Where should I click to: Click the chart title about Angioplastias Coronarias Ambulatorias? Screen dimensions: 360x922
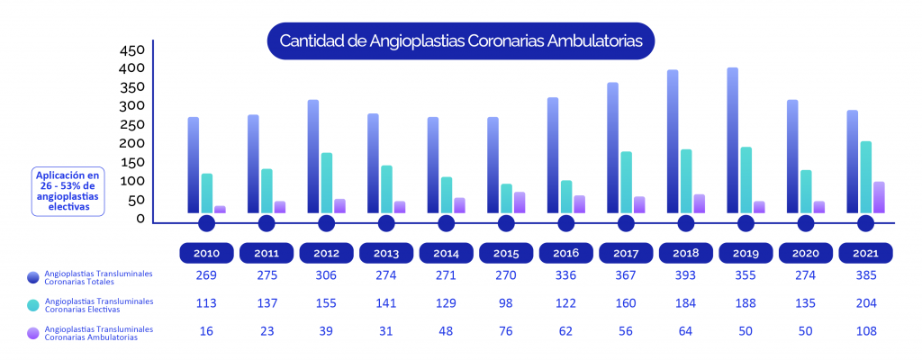click(x=460, y=41)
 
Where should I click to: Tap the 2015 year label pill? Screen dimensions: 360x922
click(x=506, y=253)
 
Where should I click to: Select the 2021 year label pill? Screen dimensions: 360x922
click(x=865, y=253)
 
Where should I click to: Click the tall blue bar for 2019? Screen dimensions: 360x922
click(x=732, y=139)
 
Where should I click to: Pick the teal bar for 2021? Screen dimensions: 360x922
click(x=865, y=176)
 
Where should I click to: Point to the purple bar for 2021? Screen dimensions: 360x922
click(x=879, y=196)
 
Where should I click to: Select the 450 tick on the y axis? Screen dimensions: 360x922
click(x=131, y=49)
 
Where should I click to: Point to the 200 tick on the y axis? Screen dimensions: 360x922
click(x=131, y=142)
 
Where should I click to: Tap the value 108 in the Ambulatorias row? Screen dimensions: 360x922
click(x=865, y=331)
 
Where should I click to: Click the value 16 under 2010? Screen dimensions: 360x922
click(x=206, y=331)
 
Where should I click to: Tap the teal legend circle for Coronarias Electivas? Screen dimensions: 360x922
click(x=33, y=305)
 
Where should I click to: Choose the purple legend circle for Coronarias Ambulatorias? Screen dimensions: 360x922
click(x=33, y=332)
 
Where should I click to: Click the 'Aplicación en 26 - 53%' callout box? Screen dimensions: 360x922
click(x=68, y=191)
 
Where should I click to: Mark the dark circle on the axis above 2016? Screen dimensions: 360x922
click(x=565, y=224)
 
